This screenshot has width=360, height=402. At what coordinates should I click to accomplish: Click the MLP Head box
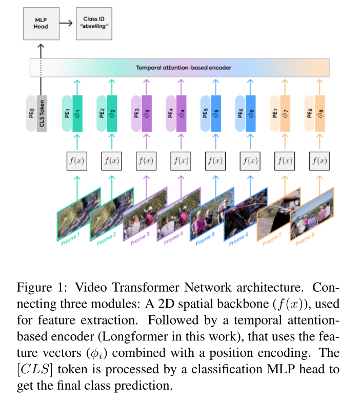point(42,23)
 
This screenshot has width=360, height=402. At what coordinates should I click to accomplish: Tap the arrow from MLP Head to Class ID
point(66,23)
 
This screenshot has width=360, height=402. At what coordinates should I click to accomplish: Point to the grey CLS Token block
point(42,113)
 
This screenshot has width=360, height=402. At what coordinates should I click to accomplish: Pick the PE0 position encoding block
point(32,113)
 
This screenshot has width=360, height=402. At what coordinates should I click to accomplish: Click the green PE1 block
point(67,113)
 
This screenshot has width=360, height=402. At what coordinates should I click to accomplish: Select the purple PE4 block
point(171,113)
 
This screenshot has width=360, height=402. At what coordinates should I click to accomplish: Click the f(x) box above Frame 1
point(77,160)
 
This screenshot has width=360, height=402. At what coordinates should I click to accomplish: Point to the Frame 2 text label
point(106,239)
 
